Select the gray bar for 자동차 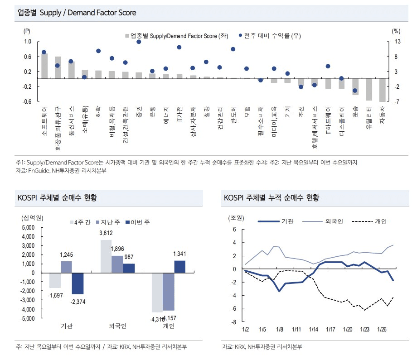(x=383, y=90)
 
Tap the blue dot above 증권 (x=139, y=42)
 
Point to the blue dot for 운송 (x=355, y=91)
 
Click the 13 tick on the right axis (x=397, y=42)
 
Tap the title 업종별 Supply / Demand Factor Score (x=77, y=13)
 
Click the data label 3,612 (x=106, y=233)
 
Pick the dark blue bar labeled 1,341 (x=179, y=267)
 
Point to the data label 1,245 (x=67, y=255)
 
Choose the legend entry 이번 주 (x=138, y=222)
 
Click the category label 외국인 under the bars (x=117, y=326)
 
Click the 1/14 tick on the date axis (x=314, y=329)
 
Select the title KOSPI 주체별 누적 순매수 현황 (x=271, y=198)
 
